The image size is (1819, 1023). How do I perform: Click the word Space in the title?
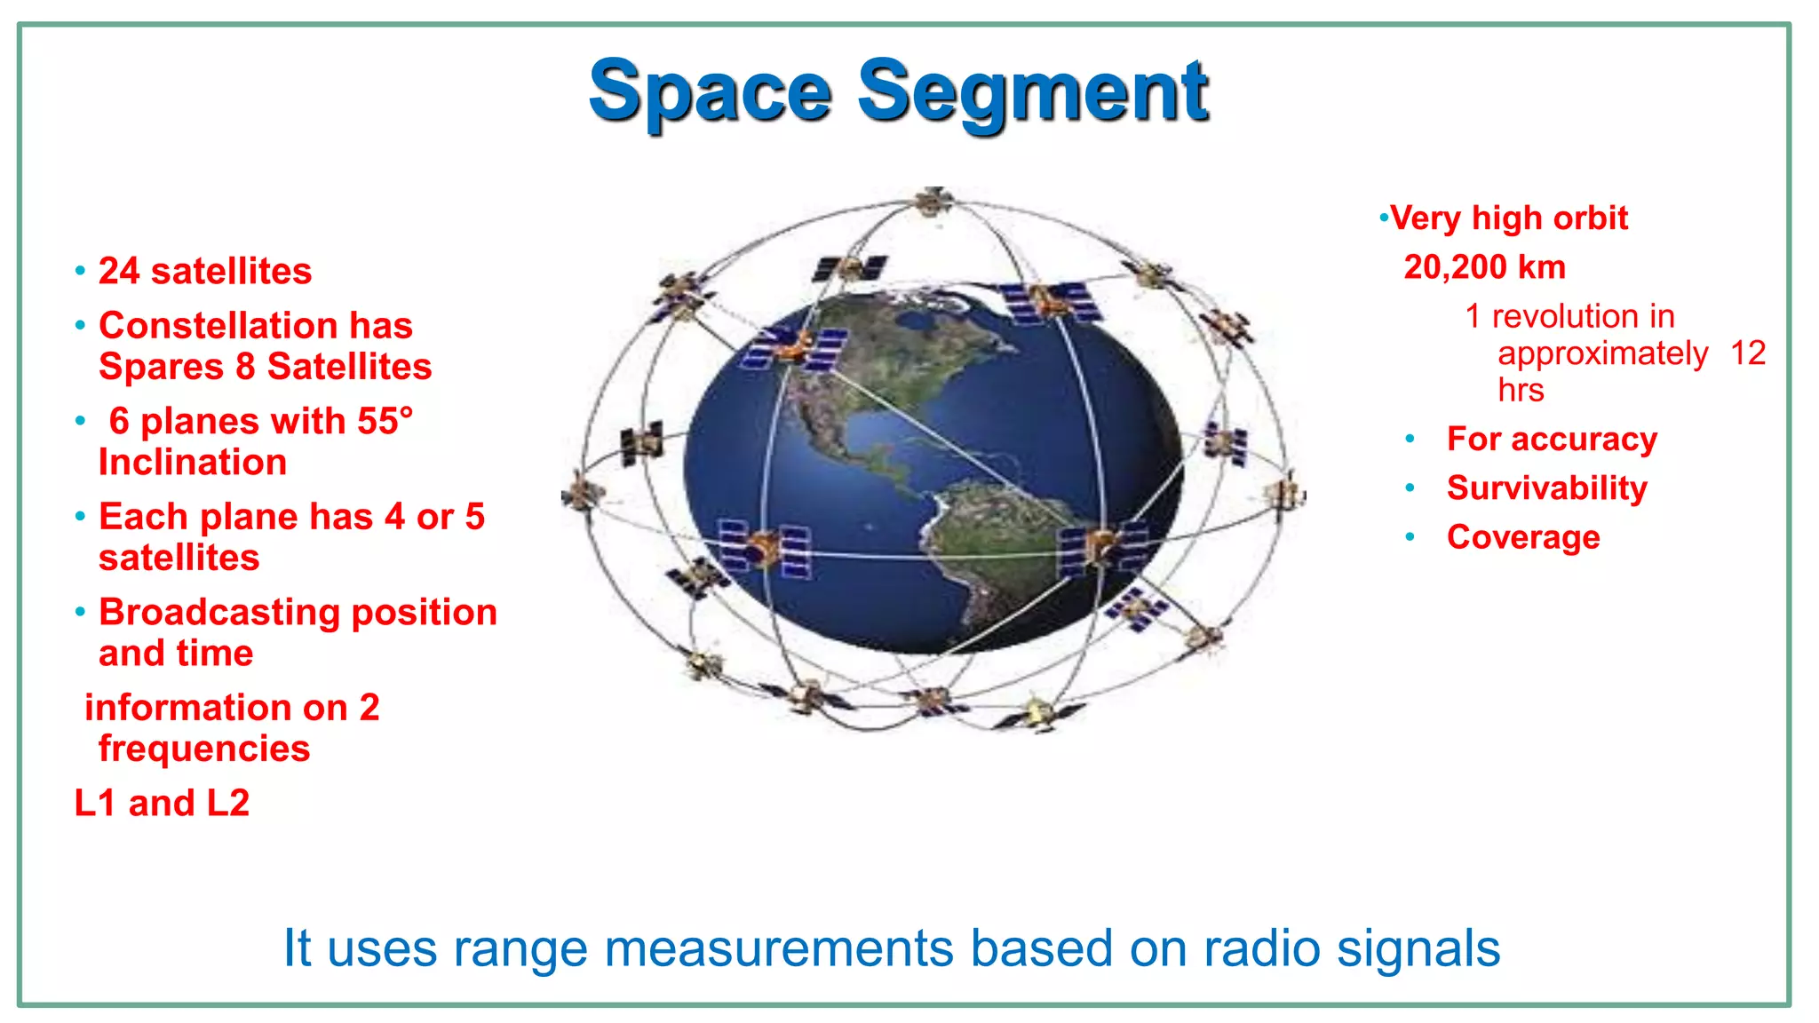710,92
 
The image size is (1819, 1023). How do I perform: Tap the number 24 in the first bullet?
119,271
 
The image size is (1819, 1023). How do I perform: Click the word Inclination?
193,463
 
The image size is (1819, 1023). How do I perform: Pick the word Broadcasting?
219,612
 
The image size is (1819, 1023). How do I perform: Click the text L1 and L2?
162,803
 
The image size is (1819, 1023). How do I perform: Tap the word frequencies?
204,749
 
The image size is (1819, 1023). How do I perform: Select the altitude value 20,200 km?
1484,267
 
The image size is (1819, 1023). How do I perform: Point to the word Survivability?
1546,488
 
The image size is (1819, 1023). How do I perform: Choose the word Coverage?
1522,537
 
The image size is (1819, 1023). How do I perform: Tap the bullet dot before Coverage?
1410,537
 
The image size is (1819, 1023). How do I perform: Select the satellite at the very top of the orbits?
932,201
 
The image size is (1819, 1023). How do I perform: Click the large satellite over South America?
1101,546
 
